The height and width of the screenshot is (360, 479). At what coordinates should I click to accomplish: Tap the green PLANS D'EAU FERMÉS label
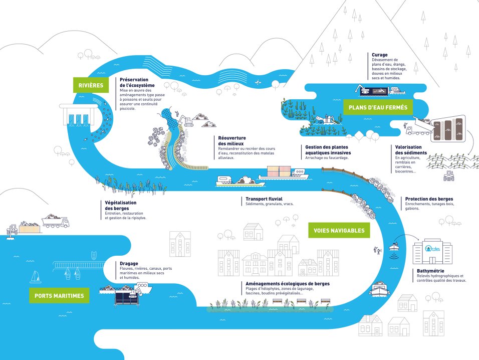[x=377, y=107]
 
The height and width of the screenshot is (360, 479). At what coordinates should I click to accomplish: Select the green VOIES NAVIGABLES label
[x=339, y=231]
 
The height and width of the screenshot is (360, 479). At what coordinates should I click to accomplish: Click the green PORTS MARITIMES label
[x=59, y=296]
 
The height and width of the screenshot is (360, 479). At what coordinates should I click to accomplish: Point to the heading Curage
[x=380, y=55]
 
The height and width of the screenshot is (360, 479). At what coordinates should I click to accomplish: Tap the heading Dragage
[x=115, y=263]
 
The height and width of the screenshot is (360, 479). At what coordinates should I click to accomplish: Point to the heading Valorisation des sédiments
[x=411, y=149]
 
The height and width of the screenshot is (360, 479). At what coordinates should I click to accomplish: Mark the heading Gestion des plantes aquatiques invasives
[x=328, y=149]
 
